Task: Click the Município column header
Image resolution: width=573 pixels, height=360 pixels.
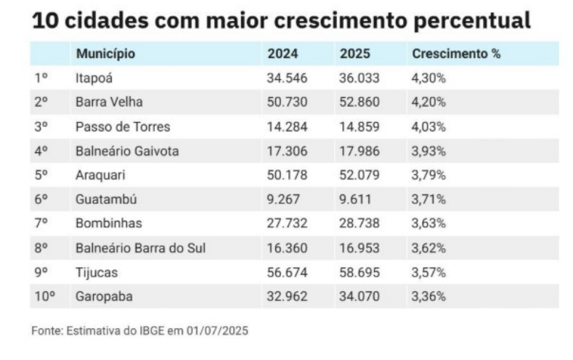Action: coord(105,54)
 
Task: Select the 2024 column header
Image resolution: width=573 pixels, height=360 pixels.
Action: coord(283,54)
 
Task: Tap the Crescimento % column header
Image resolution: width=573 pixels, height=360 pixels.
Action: coord(456,54)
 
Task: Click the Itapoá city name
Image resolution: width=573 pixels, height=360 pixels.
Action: coord(94,78)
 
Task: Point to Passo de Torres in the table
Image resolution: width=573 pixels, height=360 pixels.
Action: coord(123,126)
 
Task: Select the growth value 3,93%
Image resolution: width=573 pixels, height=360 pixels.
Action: coord(428,151)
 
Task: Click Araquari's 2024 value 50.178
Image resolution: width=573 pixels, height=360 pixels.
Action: coord(288,175)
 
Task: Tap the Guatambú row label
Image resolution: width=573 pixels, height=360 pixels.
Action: coord(106,199)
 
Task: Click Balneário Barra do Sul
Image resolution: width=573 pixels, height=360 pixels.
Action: coord(140,247)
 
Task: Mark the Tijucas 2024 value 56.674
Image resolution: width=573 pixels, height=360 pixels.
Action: coord(288,272)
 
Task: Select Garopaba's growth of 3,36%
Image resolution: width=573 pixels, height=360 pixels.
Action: coord(428,296)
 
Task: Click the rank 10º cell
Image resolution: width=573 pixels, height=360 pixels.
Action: coord(44,296)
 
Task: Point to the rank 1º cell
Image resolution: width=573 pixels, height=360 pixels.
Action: coord(41,78)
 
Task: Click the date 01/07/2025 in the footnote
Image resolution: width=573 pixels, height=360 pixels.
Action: coord(217,330)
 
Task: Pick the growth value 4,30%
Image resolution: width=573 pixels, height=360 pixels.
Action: coord(428,78)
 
